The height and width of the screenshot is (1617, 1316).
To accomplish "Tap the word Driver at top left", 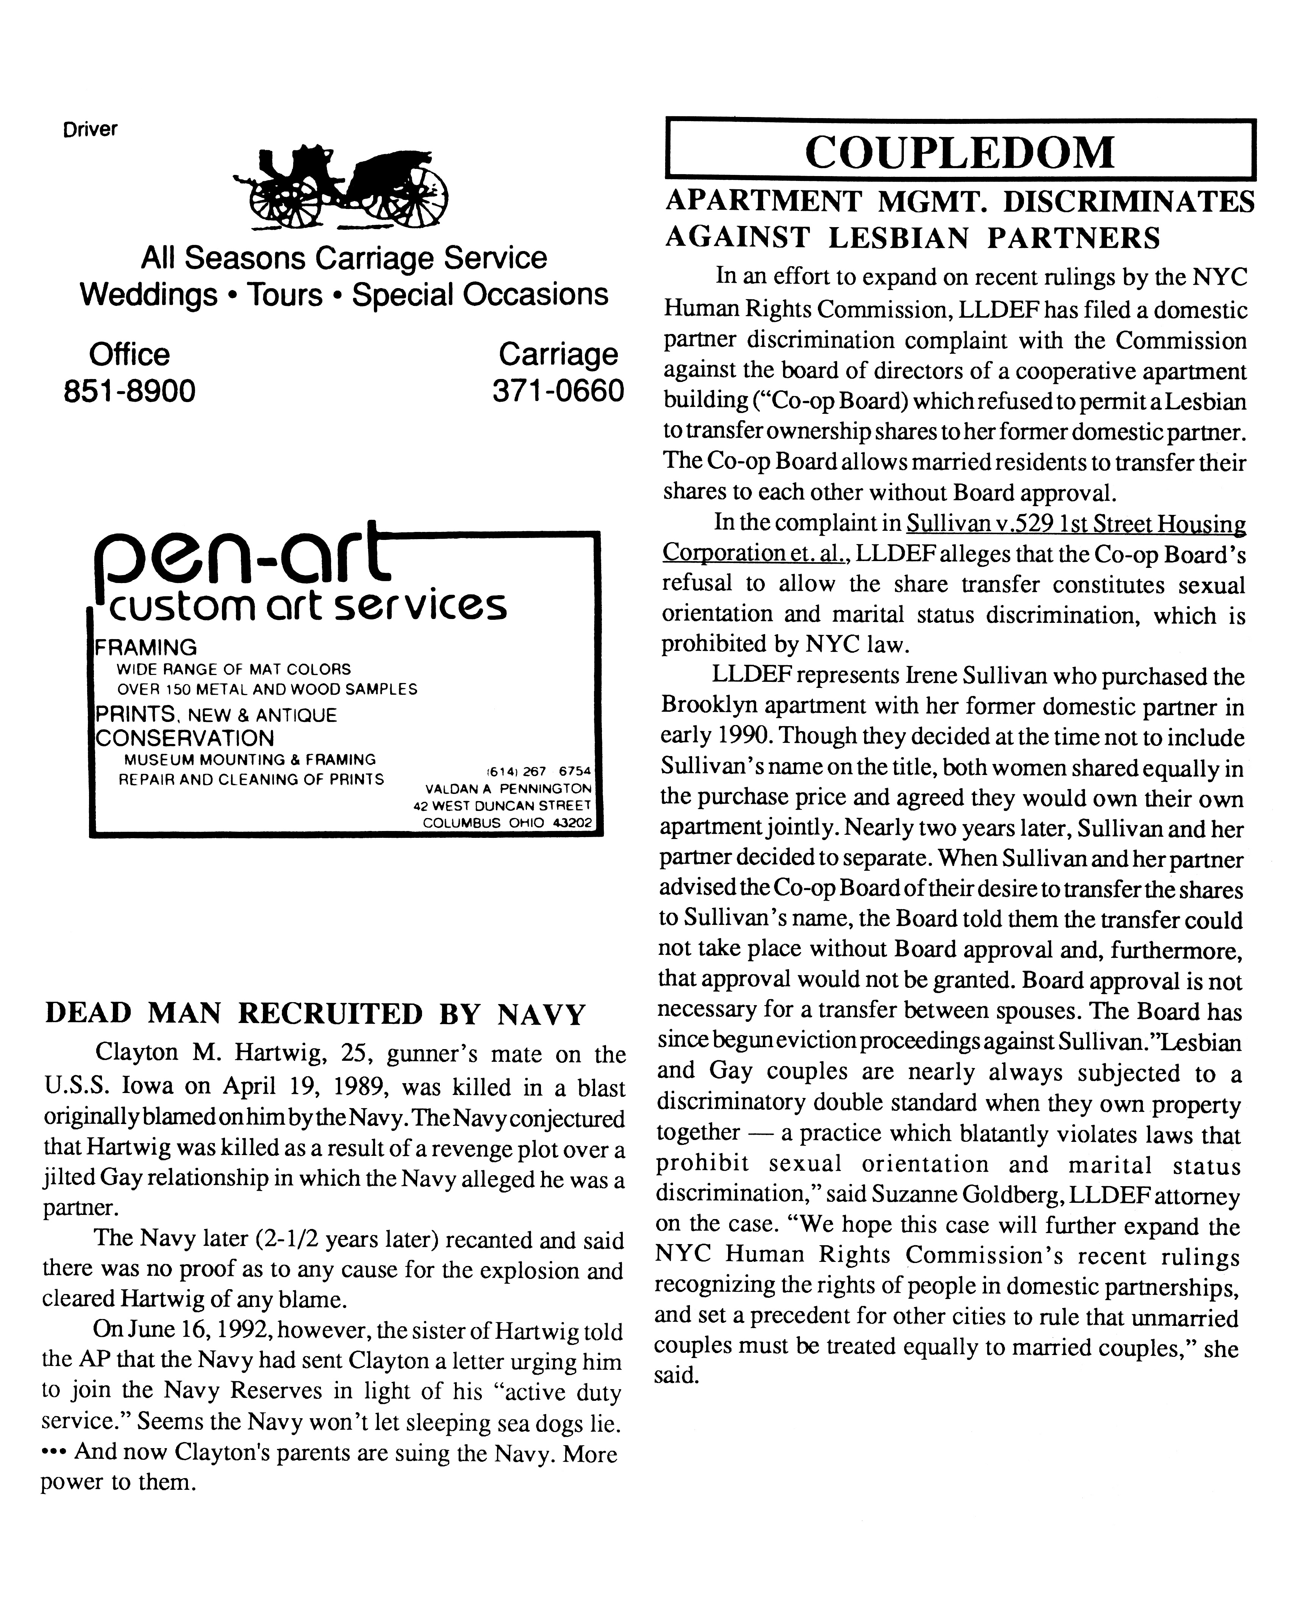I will pos(90,129).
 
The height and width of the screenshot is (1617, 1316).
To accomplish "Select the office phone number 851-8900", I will pos(130,391).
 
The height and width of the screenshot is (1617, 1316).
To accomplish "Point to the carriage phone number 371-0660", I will pos(558,391).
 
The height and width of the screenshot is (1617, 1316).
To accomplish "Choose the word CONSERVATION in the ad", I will pos(184,738).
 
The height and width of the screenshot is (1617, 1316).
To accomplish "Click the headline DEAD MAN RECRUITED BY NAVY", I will pos(315,1014).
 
